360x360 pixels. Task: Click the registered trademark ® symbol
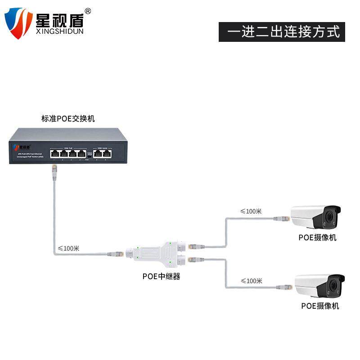(x=88, y=11)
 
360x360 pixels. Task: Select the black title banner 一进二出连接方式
(x=282, y=32)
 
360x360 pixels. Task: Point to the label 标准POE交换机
(x=68, y=119)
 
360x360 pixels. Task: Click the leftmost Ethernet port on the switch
(x=54, y=153)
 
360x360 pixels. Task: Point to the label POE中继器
(x=161, y=276)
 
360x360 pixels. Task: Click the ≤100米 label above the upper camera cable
(x=251, y=211)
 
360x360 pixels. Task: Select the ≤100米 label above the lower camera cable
(x=251, y=281)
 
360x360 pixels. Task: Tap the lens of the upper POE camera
(x=331, y=218)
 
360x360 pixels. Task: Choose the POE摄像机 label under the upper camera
(x=317, y=238)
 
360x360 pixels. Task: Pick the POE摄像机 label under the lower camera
(x=320, y=306)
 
